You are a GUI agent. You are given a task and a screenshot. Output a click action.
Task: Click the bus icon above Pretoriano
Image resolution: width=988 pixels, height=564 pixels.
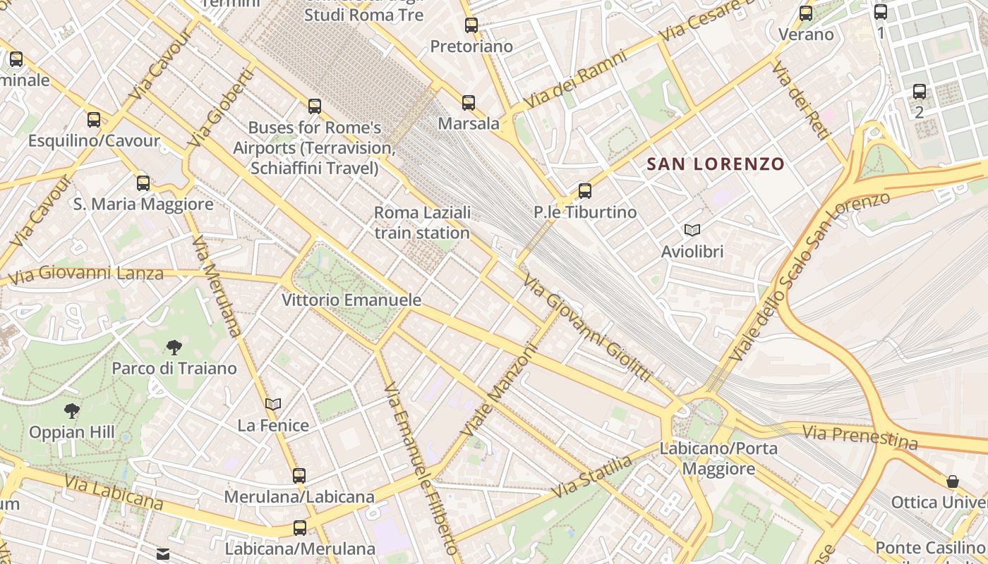pyautogui.click(x=471, y=25)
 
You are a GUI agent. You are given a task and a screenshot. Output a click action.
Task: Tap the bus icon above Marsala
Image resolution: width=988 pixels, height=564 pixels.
pyautogui.click(x=469, y=103)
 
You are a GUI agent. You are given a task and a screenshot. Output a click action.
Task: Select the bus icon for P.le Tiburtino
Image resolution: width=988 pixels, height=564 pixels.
pyautogui.click(x=584, y=191)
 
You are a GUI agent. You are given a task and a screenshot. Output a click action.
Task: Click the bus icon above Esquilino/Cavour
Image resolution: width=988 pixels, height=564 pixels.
pyautogui.click(x=94, y=120)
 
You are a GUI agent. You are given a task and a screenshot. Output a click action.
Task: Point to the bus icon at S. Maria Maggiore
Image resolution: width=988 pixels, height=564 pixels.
pyautogui.click(x=143, y=183)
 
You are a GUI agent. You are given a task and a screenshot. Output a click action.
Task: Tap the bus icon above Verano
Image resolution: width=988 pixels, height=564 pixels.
pyautogui.click(x=806, y=13)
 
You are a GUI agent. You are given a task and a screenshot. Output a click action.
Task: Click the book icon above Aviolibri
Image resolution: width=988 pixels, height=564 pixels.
pyautogui.click(x=692, y=231)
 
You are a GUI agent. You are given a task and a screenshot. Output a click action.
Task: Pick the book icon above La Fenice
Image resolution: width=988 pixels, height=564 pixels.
pyautogui.click(x=273, y=405)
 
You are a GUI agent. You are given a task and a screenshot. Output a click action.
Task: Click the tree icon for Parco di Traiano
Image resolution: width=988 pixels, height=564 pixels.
pyautogui.click(x=174, y=347)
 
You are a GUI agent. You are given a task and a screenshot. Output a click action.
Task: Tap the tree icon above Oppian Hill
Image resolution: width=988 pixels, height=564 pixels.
pyautogui.click(x=71, y=410)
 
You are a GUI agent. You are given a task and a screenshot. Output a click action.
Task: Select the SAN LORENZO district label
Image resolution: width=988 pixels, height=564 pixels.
pyautogui.click(x=716, y=164)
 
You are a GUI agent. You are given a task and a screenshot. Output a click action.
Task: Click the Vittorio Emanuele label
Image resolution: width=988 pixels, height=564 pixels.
pyautogui.click(x=351, y=300)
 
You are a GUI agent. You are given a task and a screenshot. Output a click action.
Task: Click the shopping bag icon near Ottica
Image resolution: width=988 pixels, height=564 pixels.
pyautogui.click(x=953, y=482)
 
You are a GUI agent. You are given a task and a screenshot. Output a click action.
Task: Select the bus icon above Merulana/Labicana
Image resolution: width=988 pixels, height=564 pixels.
pyautogui.click(x=299, y=476)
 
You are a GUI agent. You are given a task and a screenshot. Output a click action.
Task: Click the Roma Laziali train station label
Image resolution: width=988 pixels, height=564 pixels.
pyautogui.click(x=422, y=223)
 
